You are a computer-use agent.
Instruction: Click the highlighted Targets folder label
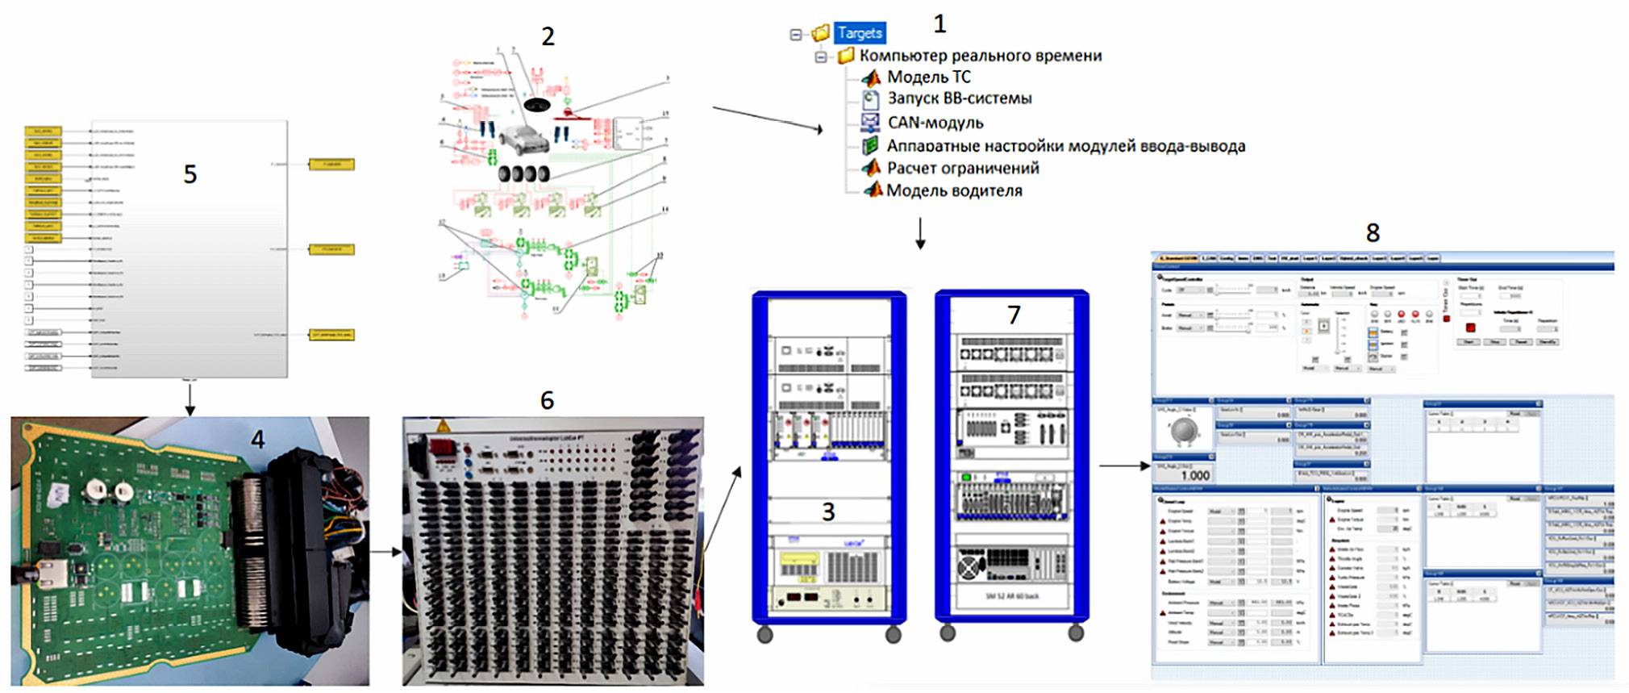[x=860, y=33]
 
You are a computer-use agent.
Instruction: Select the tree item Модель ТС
[x=929, y=77]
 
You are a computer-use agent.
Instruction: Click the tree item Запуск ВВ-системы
[x=960, y=98]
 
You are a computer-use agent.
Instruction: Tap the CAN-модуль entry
[x=935, y=123]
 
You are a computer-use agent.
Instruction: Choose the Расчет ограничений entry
[x=963, y=169]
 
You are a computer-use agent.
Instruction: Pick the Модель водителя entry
[x=954, y=191]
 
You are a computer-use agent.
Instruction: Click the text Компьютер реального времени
[x=980, y=56]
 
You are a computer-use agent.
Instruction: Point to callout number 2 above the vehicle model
[x=548, y=37]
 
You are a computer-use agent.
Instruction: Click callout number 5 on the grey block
[x=190, y=174]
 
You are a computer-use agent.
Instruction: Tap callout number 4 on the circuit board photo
[x=257, y=440]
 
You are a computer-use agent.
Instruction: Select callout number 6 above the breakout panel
[x=547, y=400]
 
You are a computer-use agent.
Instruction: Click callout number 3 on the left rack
[x=828, y=511]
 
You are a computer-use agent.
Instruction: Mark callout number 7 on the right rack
[x=1014, y=315]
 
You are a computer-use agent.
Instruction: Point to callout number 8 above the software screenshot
[x=1373, y=233]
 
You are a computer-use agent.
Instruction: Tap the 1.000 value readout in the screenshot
[x=1194, y=475]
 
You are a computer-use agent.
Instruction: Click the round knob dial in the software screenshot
[x=1184, y=432]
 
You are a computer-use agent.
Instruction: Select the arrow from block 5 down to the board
[x=190, y=399]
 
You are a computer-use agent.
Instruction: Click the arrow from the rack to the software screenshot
[x=1124, y=465]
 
